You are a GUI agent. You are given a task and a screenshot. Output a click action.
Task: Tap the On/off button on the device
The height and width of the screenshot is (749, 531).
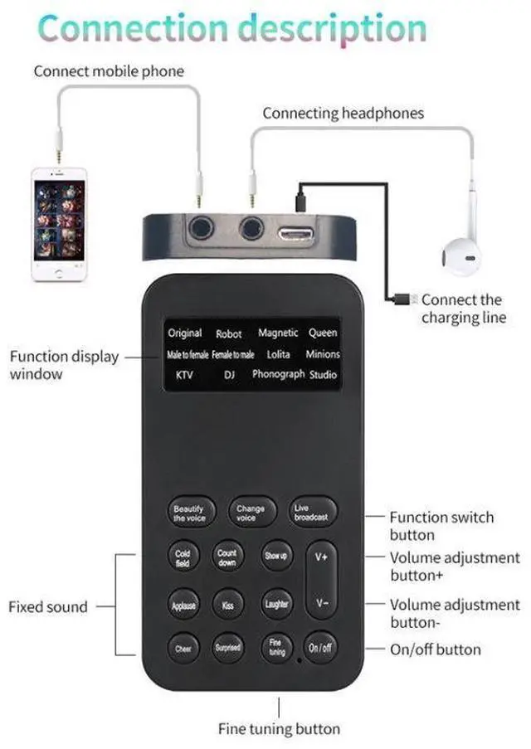[320, 647]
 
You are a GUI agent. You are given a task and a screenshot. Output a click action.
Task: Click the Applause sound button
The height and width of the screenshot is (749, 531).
[183, 605]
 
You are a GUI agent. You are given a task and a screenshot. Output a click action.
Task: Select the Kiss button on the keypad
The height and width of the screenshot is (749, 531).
[228, 605]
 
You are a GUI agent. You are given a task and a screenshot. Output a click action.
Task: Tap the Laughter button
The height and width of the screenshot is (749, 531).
[276, 605]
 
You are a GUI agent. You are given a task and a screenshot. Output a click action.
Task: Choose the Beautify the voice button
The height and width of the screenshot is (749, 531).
[189, 513]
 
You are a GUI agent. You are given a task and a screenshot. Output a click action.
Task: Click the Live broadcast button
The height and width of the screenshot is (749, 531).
[312, 513]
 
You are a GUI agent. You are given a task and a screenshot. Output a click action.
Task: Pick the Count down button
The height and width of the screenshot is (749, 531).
[227, 557]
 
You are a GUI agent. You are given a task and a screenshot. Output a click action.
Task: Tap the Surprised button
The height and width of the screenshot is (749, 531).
[228, 647]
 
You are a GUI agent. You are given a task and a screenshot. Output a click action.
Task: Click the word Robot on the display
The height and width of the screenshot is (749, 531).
[229, 334]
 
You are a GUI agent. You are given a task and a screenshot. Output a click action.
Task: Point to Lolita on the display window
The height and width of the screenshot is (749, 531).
[279, 354]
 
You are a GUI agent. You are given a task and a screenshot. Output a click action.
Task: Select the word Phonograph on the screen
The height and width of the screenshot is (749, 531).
[279, 375]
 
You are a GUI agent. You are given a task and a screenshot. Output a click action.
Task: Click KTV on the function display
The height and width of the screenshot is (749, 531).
[184, 375]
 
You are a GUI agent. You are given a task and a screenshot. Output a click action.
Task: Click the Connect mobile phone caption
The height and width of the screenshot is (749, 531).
[108, 71]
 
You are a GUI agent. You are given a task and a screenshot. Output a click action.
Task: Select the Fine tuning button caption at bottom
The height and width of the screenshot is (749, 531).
[279, 729]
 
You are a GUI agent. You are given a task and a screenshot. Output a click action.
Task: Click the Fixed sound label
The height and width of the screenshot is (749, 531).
[47, 607]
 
